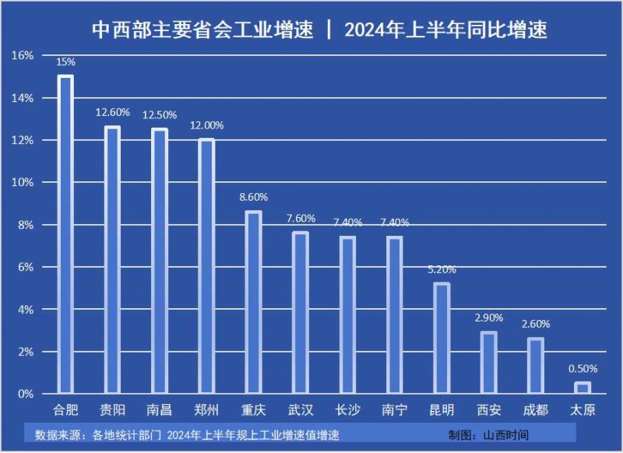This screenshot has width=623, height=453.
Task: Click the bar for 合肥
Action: tap(65, 234)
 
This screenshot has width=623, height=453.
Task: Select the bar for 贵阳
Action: tap(113, 260)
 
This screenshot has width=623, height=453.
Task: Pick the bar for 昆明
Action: tap(442, 338)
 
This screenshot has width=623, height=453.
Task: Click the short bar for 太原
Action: tap(583, 388)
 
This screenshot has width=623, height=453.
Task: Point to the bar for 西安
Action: tap(488, 363)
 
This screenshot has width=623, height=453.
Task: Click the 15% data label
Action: tap(66, 61)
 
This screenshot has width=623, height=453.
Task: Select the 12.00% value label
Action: tap(207, 125)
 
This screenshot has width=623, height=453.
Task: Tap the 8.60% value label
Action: tap(254, 197)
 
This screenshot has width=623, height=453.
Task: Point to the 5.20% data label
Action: tap(442, 269)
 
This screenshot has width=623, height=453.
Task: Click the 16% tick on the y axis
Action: tap(23, 55)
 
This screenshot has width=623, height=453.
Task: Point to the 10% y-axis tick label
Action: tap(23, 182)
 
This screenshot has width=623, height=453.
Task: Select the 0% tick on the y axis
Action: tap(26, 394)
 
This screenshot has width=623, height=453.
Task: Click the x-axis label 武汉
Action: tap(301, 409)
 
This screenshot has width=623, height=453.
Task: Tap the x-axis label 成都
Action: tap(535, 409)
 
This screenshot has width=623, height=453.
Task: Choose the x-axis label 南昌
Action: tap(160, 409)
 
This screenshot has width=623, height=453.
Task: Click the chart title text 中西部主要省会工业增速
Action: tap(202, 30)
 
